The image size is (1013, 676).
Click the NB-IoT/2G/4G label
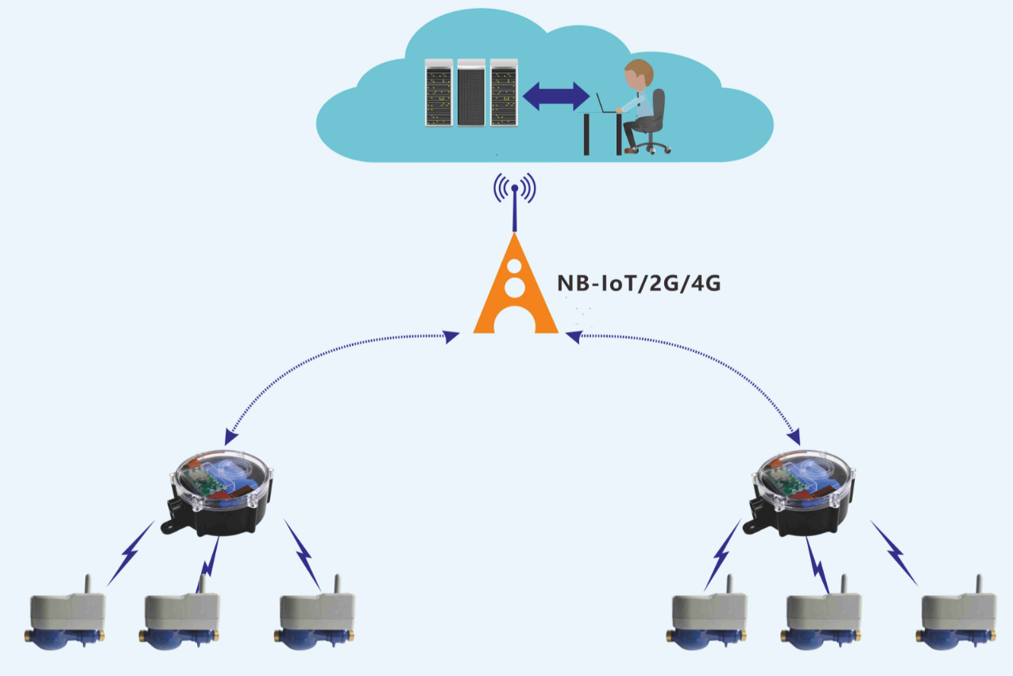point(639,283)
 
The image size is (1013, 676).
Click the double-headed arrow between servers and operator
point(556,96)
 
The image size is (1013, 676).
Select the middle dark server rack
point(471,92)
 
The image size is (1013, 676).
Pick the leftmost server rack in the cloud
point(439,92)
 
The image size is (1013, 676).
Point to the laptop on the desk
point(606,103)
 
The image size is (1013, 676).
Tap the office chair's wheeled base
point(651,146)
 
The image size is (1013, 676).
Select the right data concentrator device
point(802,492)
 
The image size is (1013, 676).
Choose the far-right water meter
point(957,616)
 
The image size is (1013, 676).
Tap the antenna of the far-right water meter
point(979,584)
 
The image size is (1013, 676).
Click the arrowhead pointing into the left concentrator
point(230,437)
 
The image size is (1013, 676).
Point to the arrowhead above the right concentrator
point(795,437)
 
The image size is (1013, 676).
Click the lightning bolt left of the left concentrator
point(130,553)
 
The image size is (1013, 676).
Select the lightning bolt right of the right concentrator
point(894,553)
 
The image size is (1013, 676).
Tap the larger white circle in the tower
point(515,288)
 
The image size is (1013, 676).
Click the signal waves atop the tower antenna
point(515,188)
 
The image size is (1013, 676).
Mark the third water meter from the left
point(315,616)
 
